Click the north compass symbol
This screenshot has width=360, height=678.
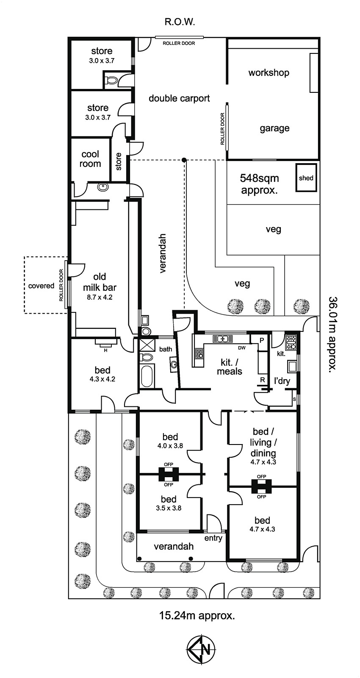point(202,649)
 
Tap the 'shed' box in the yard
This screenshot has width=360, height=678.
point(306,178)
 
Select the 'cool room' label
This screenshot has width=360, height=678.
point(91,159)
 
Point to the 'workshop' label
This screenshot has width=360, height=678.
point(269,72)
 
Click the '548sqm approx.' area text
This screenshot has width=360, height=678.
point(259,183)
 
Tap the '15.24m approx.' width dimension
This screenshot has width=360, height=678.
point(197,615)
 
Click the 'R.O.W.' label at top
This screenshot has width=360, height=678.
point(180,22)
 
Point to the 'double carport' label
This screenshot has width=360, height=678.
point(179,98)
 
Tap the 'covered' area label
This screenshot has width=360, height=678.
point(42,286)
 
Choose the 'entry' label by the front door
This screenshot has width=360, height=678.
point(213,538)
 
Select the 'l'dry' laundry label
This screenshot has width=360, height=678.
point(282,381)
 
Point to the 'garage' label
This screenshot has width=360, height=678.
point(274,128)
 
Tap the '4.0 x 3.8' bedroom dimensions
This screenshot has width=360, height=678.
point(170,446)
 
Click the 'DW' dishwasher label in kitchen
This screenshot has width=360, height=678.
point(242,348)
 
